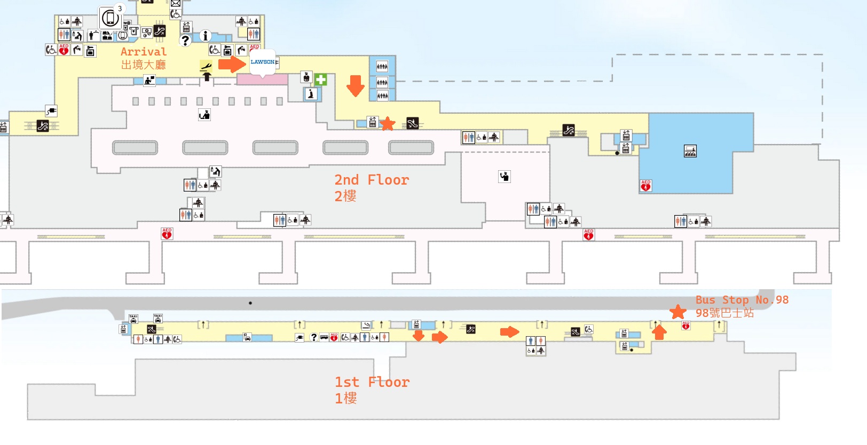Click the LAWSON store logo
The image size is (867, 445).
click(262, 62)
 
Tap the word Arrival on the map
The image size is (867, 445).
click(143, 52)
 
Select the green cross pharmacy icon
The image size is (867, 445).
click(320, 80)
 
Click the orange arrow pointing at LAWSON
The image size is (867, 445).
click(232, 65)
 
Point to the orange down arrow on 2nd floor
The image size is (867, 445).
click(355, 85)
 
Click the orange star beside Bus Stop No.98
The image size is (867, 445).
click(678, 312)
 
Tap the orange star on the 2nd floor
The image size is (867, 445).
click(388, 124)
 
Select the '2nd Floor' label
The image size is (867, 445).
click(372, 180)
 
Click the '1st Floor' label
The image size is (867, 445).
click(372, 382)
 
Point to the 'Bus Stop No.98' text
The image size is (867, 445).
click(742, 300)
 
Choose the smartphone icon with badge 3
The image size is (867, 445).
click(110, 18)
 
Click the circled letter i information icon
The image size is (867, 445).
click(205, 36)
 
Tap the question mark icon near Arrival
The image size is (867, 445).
click(185, 41)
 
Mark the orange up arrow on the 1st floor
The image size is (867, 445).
click(659, 332)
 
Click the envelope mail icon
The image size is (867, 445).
click(176, 3)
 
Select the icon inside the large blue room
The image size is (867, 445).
click(690, 152)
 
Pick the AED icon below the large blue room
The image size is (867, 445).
click(645, 185)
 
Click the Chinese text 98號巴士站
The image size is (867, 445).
click(724, 313)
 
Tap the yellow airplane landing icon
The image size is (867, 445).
click(206, 67)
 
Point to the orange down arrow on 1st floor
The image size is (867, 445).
click(419, 336)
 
